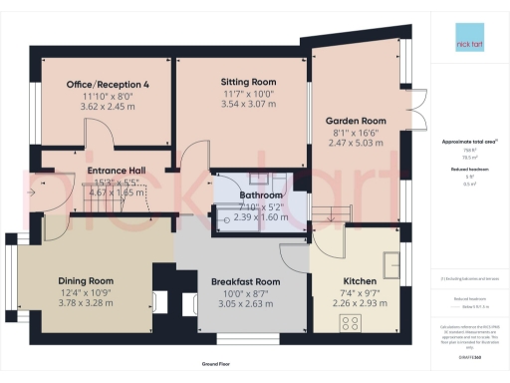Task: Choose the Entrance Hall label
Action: point(117,172)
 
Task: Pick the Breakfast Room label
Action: point(245,282)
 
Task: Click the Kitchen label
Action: point(359,282)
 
